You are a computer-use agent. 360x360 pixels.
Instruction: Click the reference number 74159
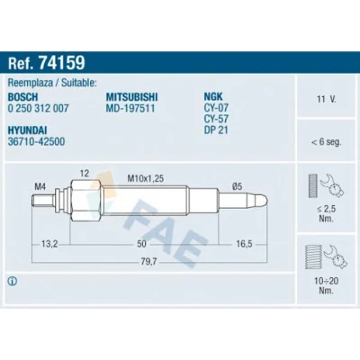(62, 62)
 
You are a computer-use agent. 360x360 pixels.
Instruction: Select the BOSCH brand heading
(22, 97)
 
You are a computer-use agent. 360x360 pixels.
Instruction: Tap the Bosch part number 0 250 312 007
(38, 108)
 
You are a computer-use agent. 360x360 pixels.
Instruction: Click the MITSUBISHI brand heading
(131, 97)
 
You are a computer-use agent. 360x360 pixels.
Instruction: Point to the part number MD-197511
(130, 108)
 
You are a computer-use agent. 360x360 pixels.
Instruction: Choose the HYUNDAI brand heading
(27, 130)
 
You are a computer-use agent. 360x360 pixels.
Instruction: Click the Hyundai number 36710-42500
(36, 141)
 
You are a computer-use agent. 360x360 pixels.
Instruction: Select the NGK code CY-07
(216, 107)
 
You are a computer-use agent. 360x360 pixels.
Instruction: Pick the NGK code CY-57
(216, 119)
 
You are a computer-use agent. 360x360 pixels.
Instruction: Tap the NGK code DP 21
(216, 130)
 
